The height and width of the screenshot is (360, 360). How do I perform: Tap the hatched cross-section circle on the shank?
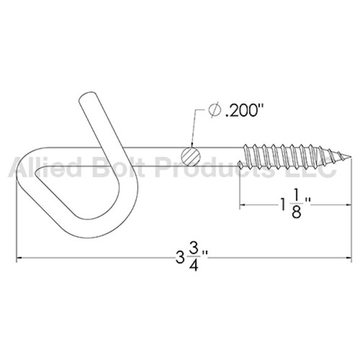tap(189, 156)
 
